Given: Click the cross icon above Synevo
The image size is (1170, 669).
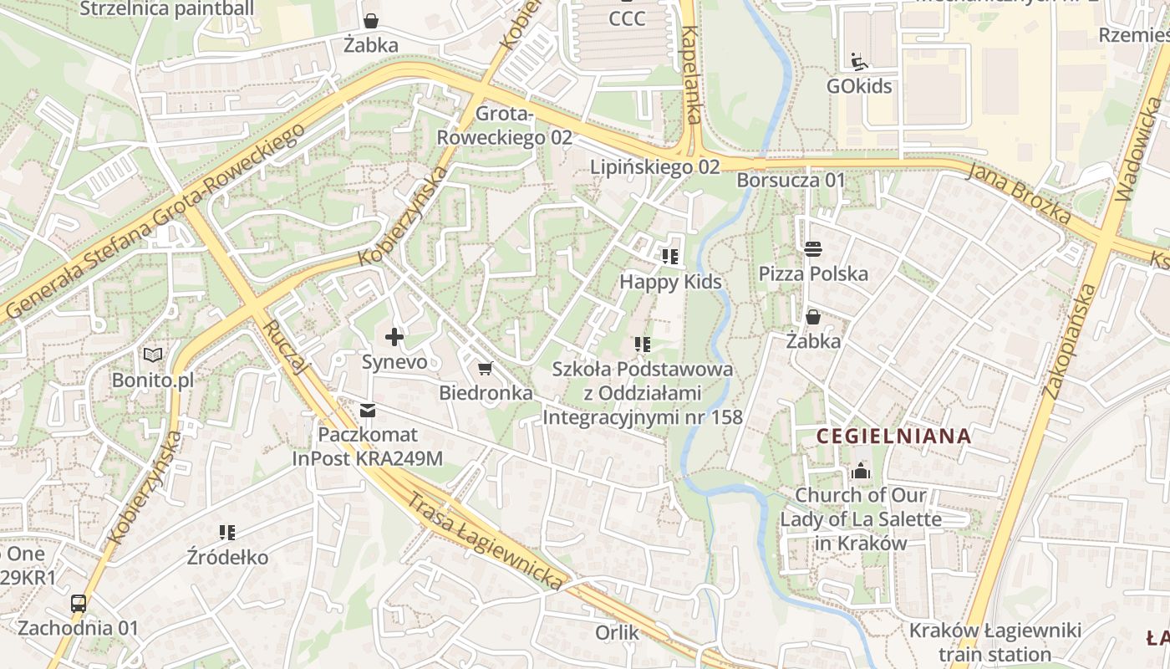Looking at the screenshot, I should [x=394, y=338].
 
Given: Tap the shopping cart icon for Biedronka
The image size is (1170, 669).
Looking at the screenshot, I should [x=485, y=368].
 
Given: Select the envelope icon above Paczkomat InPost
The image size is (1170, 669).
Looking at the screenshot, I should [x=368, y=411].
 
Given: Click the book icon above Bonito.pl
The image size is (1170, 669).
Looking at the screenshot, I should [x=153, y=355].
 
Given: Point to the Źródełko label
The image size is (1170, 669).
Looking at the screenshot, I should [x=227, y=557].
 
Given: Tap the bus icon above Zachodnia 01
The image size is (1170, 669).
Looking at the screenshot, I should [x=79, y=603].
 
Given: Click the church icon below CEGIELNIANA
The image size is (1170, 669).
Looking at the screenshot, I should [x=861, y=471].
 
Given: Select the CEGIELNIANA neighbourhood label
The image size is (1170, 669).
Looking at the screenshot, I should [x=893, y=436].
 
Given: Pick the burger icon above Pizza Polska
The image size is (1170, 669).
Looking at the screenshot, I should [x=813, y=248].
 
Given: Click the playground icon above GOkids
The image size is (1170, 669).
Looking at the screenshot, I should [x=858, y=61].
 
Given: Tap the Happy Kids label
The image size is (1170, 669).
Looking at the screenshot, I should [x=669, y=282].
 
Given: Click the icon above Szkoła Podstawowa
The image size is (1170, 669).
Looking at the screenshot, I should [x=642, y=344].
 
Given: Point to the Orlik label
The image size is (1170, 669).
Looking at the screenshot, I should [x=617, y=632].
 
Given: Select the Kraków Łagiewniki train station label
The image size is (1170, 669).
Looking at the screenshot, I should [x=994, y=641].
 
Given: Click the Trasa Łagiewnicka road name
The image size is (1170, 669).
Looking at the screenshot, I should [x=485, y=541].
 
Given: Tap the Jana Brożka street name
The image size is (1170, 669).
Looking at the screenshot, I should [x=1020, y=192].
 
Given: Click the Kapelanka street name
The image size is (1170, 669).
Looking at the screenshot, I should [x=691, y=75].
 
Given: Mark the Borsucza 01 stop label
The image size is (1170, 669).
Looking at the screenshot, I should [x=791, y=181].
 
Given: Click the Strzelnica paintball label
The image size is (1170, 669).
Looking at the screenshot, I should [x=167, y=9].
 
